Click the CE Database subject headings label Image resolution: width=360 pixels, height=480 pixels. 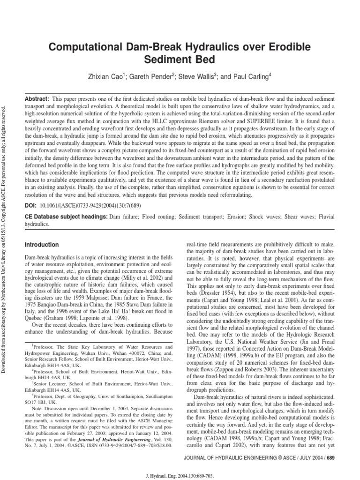(66, 217)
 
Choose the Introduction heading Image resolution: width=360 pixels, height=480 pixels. (42, 245)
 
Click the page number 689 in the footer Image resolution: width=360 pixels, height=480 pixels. (330, 457)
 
